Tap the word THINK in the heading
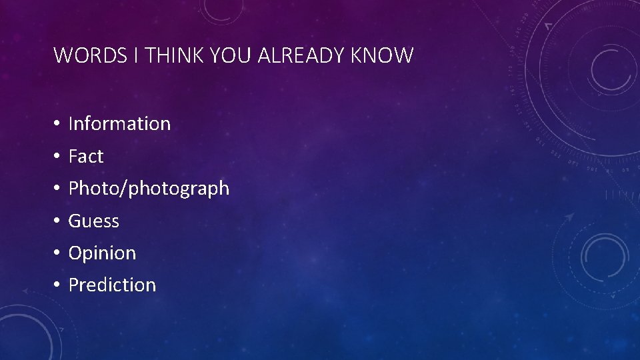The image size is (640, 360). pyautogui.click(x=175, y=55)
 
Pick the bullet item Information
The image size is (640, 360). pyautogui.click(x=119, y=123)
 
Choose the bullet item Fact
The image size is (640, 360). pyautogui.click(x=86, y=156)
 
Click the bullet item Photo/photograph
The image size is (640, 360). pyautogui.click(x=149, y=189)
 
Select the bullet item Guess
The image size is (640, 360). pyautogui.click(x=93, y=221)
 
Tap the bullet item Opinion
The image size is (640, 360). pyautogui.click(x=102, y=253)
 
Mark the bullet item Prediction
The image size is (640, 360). pyautogui.click(x=112, y=285)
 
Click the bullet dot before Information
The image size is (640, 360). pyautogui.click(x=58, y=124)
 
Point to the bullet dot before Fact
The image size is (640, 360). pyautogui.click(x=58, y=157)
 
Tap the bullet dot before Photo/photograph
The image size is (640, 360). pyautogui.click(x=58, y=189)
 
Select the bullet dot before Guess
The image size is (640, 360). pyautogui.click(x=58, y=221)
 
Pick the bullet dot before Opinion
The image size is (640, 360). pyautogui.click(x=58, y=253)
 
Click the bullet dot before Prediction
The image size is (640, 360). pyautogui.click(x=58, y=285)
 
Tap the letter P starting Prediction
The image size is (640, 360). pyautogui.click(x=73, y=285)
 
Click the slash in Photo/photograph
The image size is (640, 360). pyautogui.click(x=125, y=189)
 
